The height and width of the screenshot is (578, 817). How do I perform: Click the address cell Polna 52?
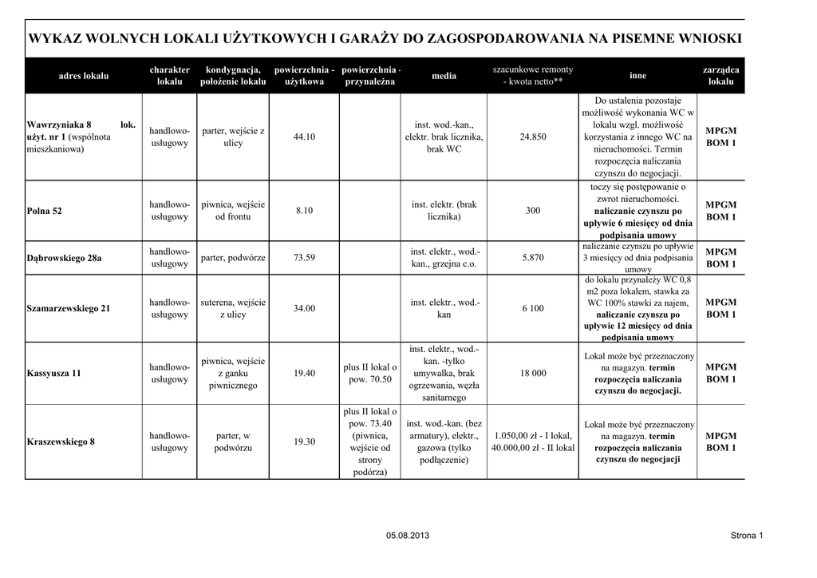(x=45, y=211)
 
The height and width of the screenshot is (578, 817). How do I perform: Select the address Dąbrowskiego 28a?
(x=65, y=258)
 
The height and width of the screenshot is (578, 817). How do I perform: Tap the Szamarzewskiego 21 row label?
(x=69, y=308)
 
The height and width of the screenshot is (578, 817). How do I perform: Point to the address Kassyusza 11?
(x=54, y=373)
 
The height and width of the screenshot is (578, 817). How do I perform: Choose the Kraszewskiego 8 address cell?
(x=61, y=441)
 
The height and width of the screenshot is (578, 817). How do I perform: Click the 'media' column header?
(x=444, y=76)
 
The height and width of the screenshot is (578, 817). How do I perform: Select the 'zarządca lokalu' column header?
(x=720, y=76)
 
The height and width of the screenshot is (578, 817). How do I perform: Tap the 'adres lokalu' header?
(x=84, y=76)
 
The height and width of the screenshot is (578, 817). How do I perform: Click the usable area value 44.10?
(x=304, y=137)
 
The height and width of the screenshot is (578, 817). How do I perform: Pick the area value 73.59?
(x=304, y=258)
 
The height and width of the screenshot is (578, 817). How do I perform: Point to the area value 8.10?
(x=304, y=211)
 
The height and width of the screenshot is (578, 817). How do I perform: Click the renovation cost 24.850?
(x=533, y=137)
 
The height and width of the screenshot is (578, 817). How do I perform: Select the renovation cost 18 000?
(x=533, y=373)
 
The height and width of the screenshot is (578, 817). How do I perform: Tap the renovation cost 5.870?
(x=533, y=258)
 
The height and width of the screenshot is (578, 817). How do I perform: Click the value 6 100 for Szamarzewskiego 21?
(x=533, y=308)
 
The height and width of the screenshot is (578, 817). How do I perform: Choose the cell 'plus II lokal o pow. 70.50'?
(x=370, y=373)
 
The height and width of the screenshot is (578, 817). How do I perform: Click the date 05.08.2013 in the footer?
(x=408, y=535)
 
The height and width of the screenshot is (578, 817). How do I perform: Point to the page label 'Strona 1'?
(x=747, y=535)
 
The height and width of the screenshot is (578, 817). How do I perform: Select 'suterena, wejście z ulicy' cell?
(x=233, y=308)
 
